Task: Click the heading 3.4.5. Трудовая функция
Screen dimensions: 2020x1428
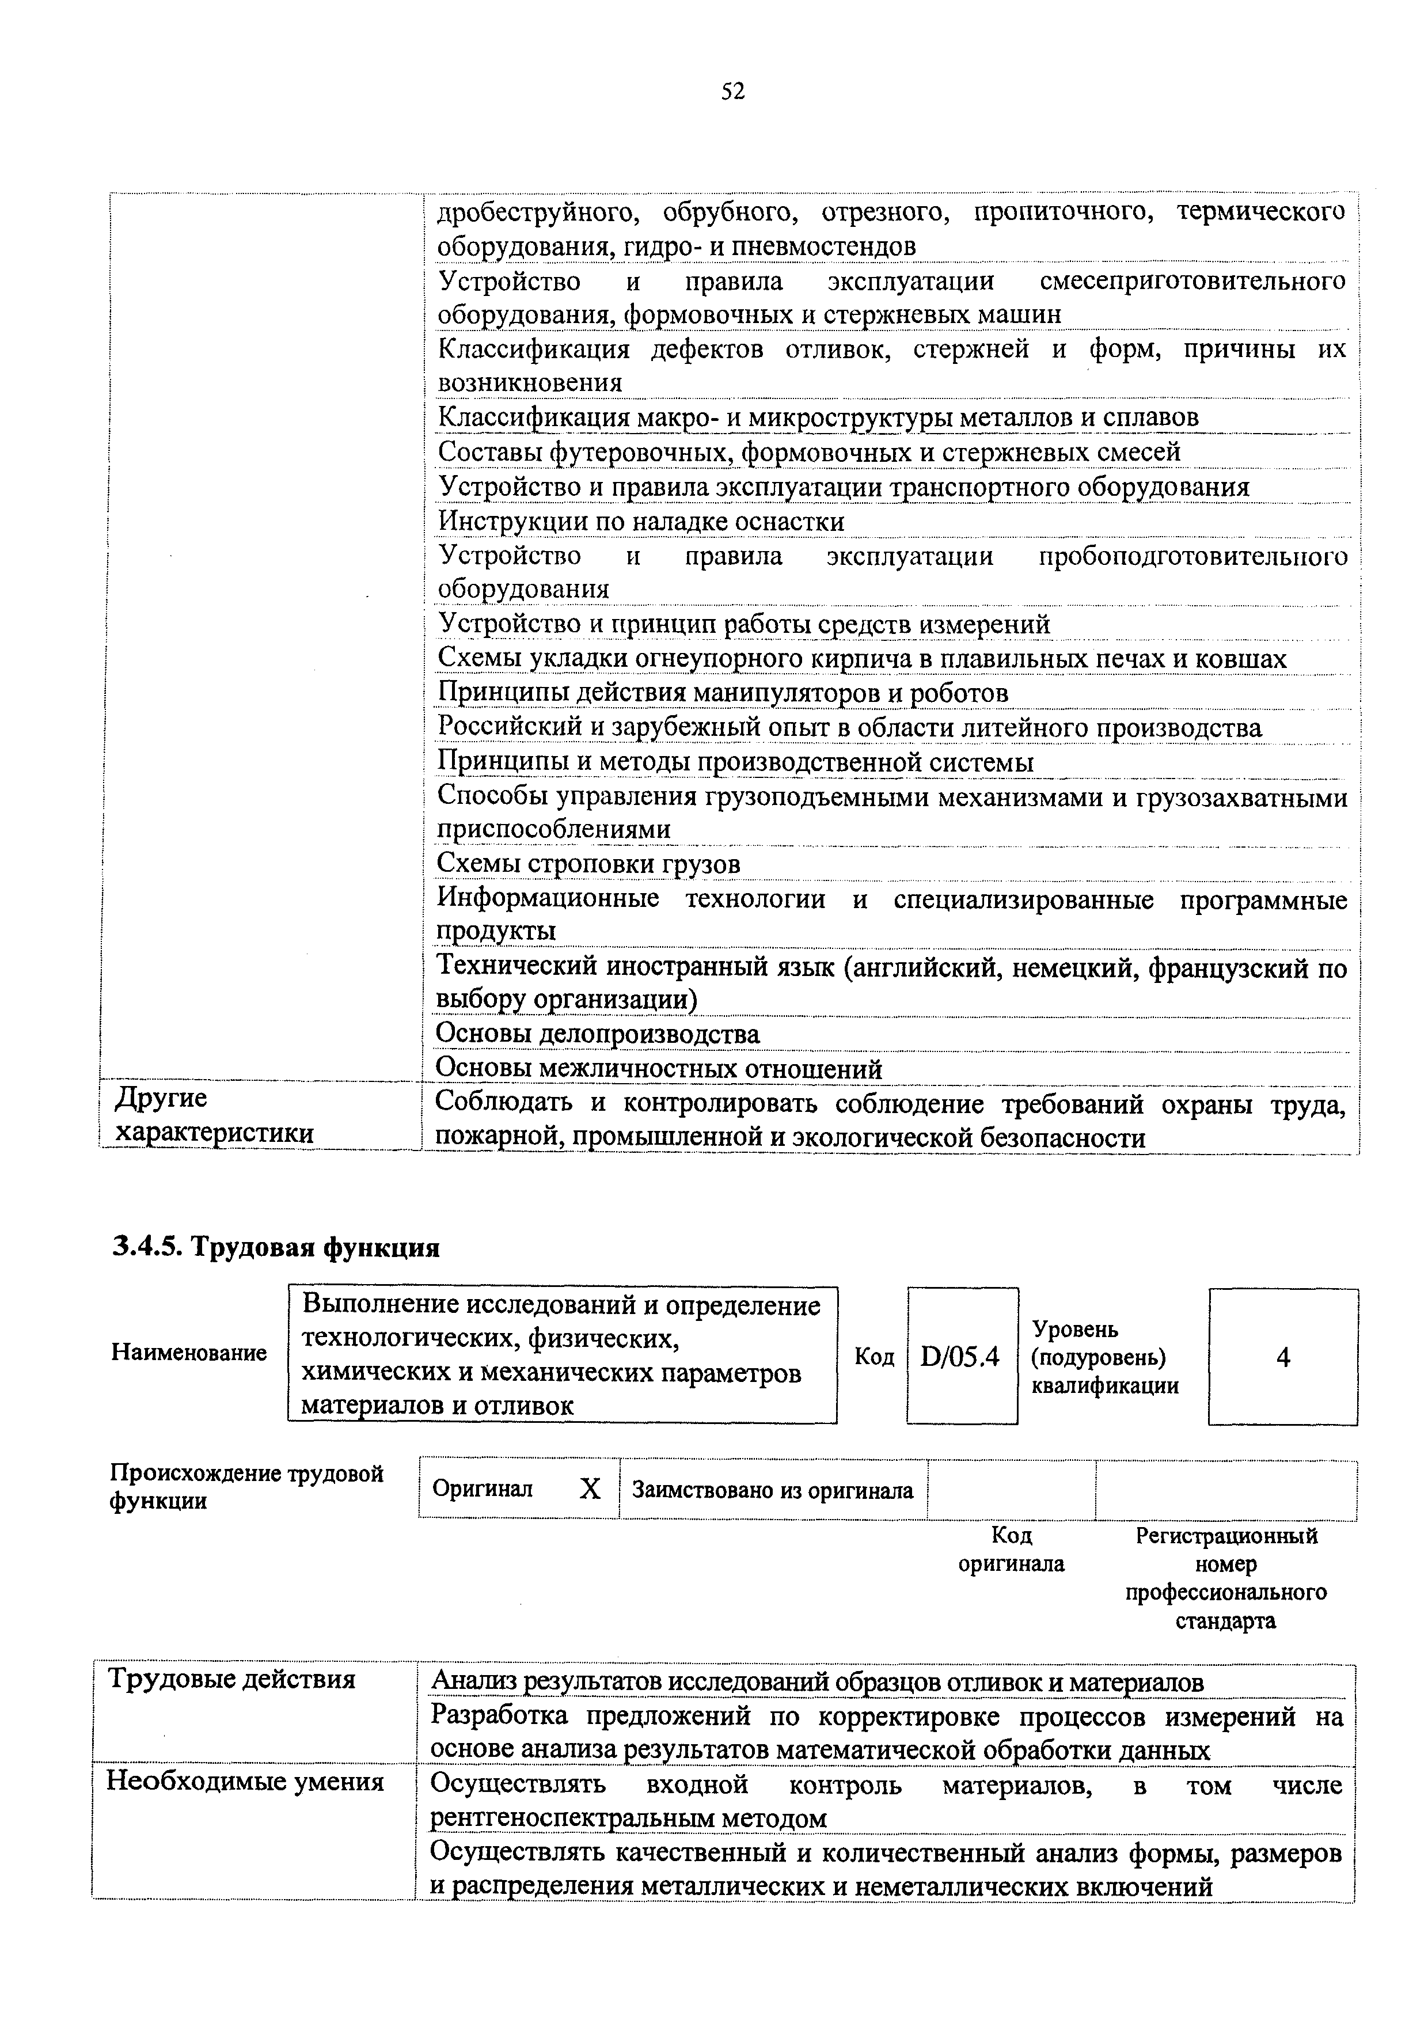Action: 275,1248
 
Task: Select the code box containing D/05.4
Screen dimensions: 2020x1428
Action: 961,1358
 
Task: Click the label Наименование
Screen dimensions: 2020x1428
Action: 189,1352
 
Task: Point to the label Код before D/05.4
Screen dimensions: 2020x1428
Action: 873,1358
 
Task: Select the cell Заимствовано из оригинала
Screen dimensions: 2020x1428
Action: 773,1490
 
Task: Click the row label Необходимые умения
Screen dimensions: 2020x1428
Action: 245,1782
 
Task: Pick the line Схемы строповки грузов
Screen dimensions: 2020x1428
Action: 588,865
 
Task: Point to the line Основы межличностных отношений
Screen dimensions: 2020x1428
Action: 659,1069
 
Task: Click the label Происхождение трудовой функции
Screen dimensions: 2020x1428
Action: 246,1486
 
